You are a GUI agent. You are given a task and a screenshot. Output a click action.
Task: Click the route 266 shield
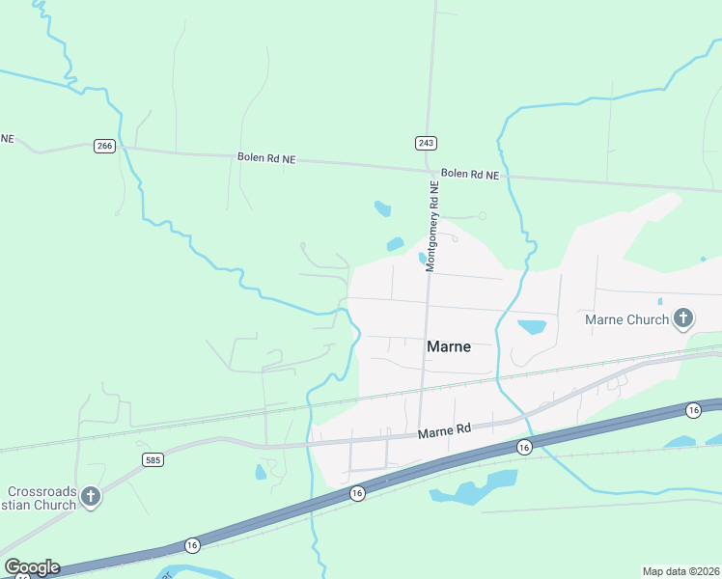pyautogui.click(x=105, y=146)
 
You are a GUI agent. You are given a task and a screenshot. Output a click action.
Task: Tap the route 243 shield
pyautogui.click(x=427, y=143)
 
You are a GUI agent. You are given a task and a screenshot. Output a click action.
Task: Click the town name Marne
pyautogui.click(x=449, y=346)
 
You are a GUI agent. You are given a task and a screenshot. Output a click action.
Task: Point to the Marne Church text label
pyautogui.click(x=626, y=319)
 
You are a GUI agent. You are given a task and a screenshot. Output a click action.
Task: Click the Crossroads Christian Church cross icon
pyautogui.click(x=91, y=496)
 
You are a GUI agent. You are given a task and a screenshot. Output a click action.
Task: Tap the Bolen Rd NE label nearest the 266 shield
pyautogui.click(x=266, y=157)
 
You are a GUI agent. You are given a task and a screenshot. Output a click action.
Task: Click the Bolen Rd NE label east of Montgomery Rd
pyautogui.click(x=470, y=175)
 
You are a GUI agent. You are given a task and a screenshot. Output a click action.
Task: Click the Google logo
pyautogui.click(x=32, y=567)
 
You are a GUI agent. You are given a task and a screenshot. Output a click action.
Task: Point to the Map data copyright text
pyautogui.click(x=681, y=570)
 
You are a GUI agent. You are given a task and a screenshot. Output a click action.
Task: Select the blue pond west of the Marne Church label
pyautogui.click(x=532, y=326)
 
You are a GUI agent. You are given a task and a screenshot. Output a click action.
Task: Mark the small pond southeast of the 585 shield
pyautogui.click(x=261, y=472)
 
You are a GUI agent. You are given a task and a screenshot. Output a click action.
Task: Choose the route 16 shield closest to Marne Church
pyautogui.click(x=693, y=411)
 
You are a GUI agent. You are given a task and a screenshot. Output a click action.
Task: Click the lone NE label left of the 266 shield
pyautogui.click(x=8, y=139)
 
